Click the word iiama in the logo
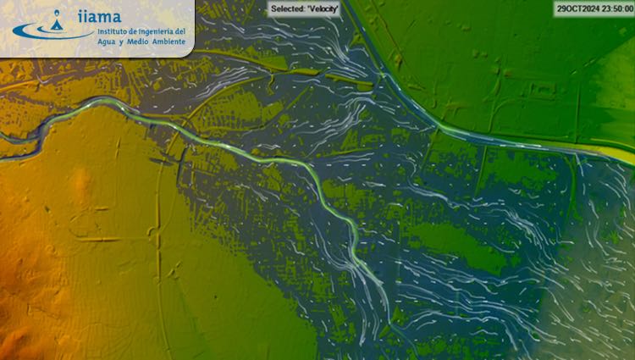(x=99, y=15)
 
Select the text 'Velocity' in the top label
(x=323, y=8)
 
